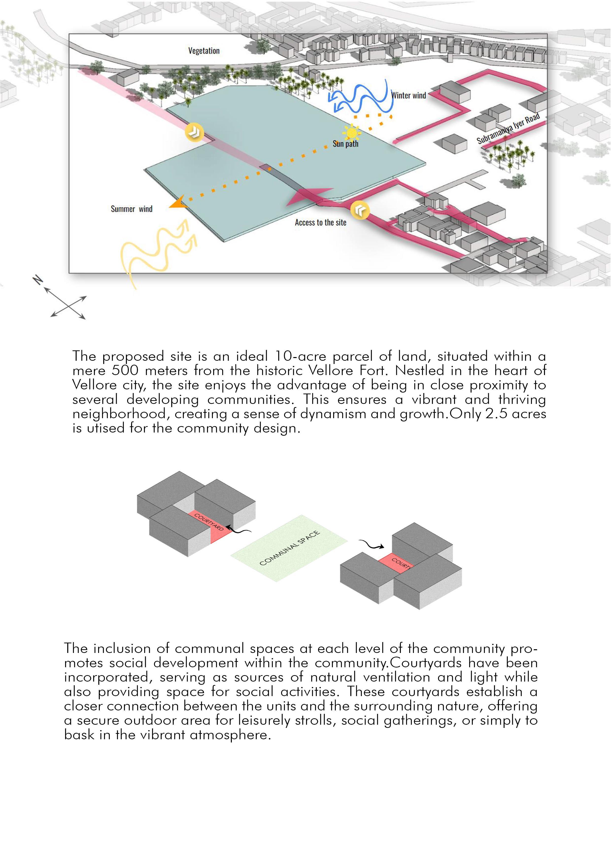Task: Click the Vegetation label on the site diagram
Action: tap(204, 51)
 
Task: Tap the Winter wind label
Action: tap(408, 95)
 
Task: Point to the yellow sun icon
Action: tap(352, 133)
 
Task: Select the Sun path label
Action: tap(345, 144)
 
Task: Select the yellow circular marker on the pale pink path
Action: tap(194, 132)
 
